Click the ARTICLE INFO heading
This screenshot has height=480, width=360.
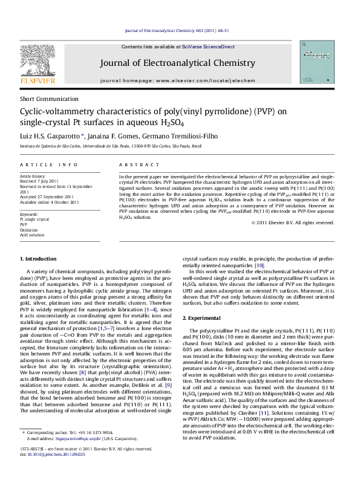tap(48, 165)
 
